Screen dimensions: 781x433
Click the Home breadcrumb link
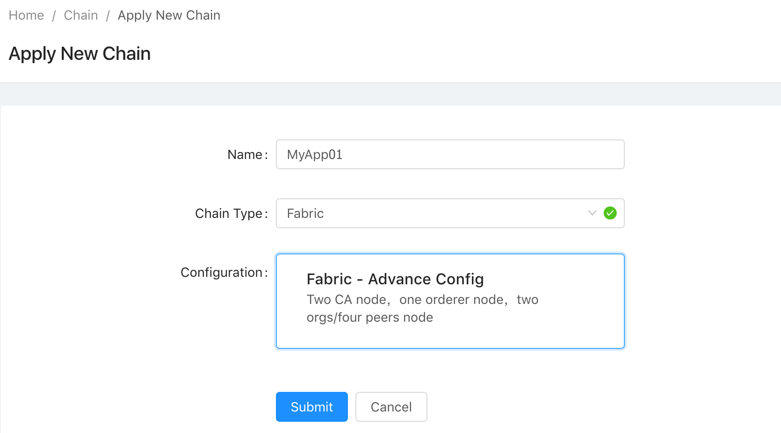point(26,15)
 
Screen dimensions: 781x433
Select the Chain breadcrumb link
point(81,15)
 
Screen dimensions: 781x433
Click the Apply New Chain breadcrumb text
point(169,16)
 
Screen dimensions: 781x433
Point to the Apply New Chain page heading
point(80,54)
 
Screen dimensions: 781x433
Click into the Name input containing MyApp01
point(450,154)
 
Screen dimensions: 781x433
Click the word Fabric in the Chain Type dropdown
point(305,213)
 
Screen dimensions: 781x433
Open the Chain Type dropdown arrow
point(592,213)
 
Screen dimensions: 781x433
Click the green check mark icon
point(610,213)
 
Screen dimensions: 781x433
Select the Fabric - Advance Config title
point(395,279)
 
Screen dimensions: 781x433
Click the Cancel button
point(391,407)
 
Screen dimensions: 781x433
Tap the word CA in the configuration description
point(343,299)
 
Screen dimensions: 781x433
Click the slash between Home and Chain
point(54,16)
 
